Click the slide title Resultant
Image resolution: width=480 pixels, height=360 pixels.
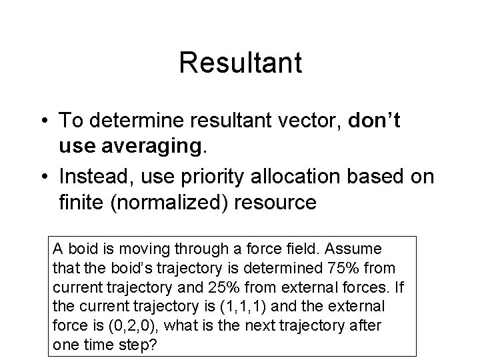point(240,63)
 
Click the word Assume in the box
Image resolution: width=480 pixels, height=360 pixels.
point(359,249)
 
